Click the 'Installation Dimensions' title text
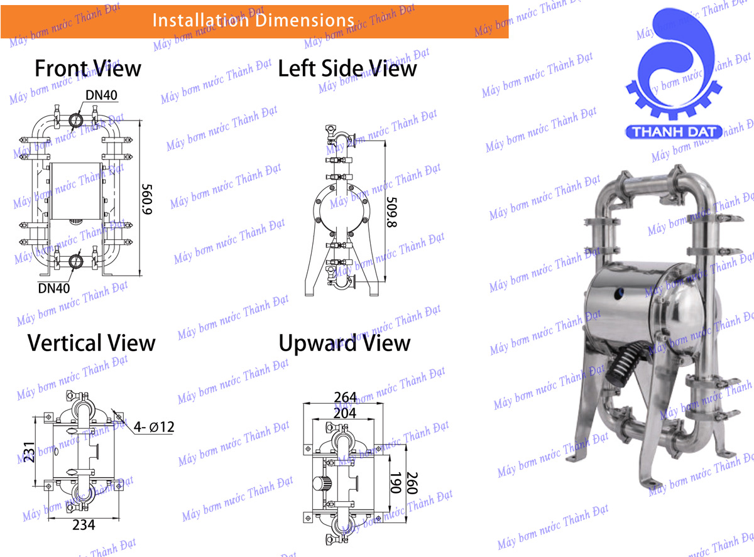coord(253,20)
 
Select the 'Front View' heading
coord(88,68)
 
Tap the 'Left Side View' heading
coord(347,68)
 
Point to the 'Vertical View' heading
coord(91,343)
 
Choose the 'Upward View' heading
coord(344,343)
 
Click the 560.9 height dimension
coord(147,199)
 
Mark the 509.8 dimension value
coord(392,212)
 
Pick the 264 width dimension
coord(345,397)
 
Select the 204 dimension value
coord(345,413)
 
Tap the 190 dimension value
coord(395,482)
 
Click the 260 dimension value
coord(412,482)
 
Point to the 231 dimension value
coord(30,452)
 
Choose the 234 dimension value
coord(84,525)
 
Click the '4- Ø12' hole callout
coord(154,427)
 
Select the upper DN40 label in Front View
coord(101,95)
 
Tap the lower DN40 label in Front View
coord(53,288)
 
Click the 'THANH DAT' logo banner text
coord(674,132)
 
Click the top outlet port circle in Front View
coord(76,121)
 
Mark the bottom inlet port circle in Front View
coord(75,261)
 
